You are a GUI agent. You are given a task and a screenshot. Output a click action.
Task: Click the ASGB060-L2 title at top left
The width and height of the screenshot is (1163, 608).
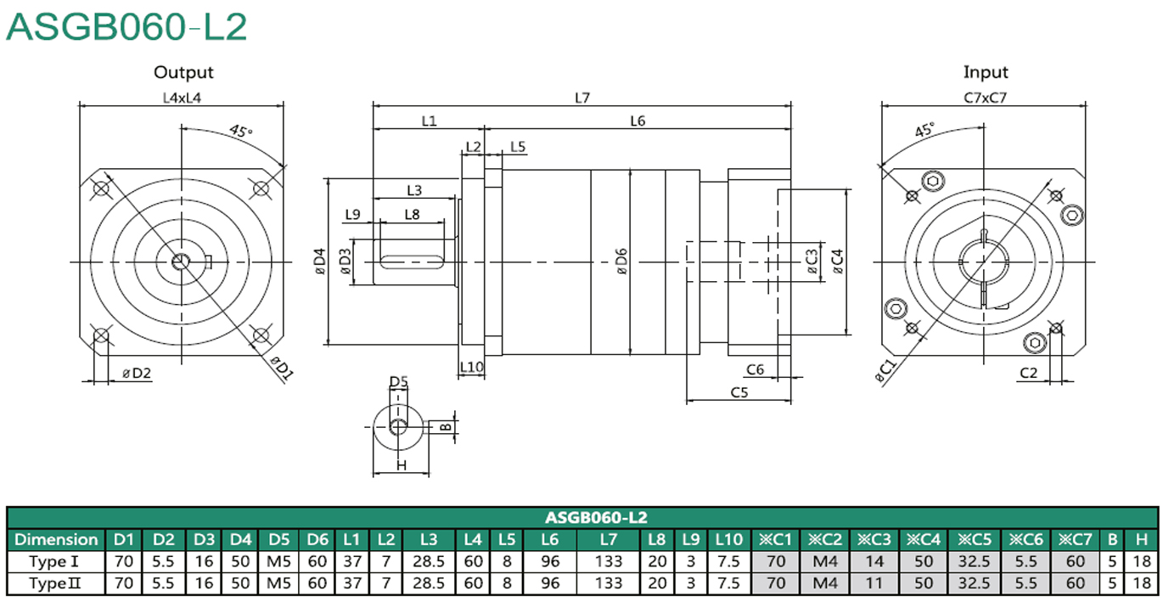[126, 27]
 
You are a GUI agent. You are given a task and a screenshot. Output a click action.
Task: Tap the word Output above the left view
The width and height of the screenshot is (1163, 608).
[183, 72]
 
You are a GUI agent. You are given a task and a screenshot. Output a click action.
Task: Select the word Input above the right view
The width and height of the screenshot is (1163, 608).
[986, 72]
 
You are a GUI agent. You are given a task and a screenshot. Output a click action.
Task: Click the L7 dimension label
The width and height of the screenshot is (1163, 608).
[582, 98]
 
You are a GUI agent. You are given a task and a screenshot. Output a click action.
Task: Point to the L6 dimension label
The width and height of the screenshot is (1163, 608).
[638, 121]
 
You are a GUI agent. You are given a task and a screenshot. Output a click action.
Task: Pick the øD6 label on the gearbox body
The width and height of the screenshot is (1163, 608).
[621, 262]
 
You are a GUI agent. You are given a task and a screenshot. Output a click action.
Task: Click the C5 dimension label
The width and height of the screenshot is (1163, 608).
[739, 392]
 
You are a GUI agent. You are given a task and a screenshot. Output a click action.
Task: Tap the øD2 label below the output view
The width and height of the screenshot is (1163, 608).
[137, 373]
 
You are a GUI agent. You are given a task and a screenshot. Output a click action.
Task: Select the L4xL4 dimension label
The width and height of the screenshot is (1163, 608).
[182, 98]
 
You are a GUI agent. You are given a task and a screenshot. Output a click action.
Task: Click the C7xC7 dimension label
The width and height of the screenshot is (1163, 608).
[985, 98]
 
